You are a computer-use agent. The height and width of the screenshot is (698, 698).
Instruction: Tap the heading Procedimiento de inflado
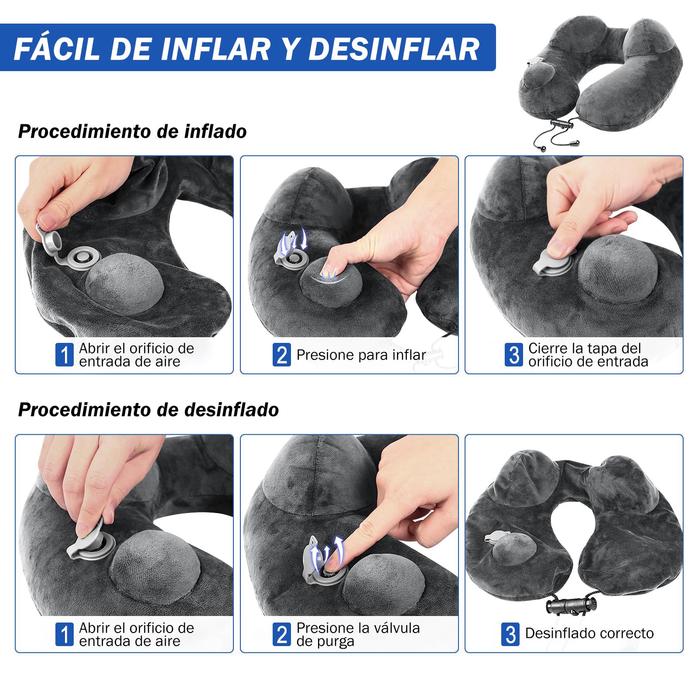pyautogui.click(x=132, y=131)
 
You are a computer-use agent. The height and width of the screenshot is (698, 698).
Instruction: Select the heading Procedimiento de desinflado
pyautogui.click(x=148, y=410)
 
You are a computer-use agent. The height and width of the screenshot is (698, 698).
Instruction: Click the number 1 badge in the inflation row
pyautogui.click(x=64, y=355)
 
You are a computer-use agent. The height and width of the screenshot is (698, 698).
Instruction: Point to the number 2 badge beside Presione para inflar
pyautogui.click(x=281, y=355)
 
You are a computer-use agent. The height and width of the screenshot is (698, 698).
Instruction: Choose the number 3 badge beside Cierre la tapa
pyautogui.click(x=513, y=355)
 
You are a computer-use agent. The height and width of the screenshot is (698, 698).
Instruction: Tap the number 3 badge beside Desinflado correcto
pyautogui.click(x=510, y=634)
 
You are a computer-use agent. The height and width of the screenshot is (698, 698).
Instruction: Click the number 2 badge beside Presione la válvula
pyautogui.click(x=281, y=634)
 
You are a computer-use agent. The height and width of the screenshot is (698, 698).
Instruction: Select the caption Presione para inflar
pyautogui.click(x=361, y=355)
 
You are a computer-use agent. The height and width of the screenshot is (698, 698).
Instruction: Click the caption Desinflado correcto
pyautogui.click(x=589, y=633)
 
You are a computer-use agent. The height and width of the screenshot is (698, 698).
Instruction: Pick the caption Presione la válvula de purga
pyautogui.click(x=358, y=634)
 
